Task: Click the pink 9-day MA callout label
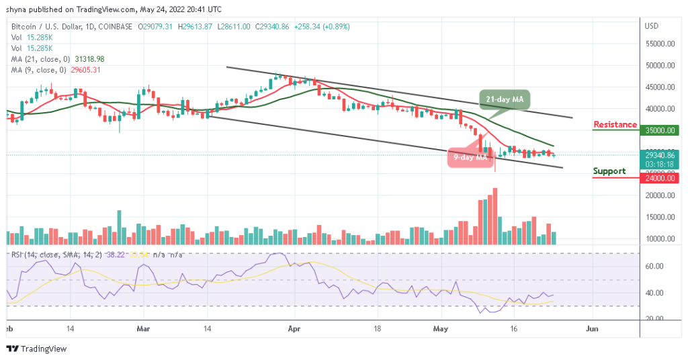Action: tap(470, 158)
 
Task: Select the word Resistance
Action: tap(615, 124)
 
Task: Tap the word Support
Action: tap(609, 171)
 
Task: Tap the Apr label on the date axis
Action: tap(292, 330)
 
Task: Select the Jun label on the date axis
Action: tap(592, 330)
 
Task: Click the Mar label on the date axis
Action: tap(142, 330)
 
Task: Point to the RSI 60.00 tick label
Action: tap(655, 267)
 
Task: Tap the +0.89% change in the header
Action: tap(337, 27)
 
